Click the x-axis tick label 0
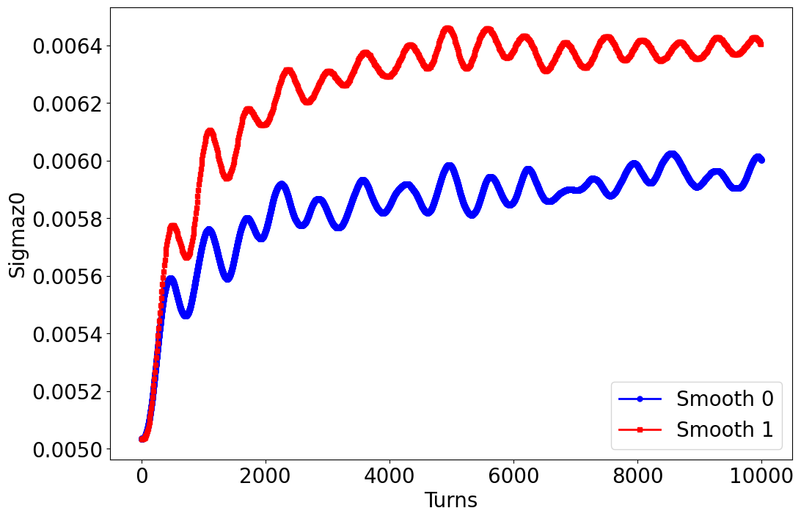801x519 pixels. pyautogui.click(x=142, y=476)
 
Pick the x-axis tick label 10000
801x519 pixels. pyautogui.click(x=761, y=476)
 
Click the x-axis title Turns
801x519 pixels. pyautogui.click(x=451, y=501)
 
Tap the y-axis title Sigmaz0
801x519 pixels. pyautogui.click(x=18, y=233)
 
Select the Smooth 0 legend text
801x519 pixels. pyautogui.click(x=725, y=399)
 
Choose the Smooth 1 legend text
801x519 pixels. pyautogui.click(x=725, y=429)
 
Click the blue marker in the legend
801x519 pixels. pyautogui.click(x=640, y=399)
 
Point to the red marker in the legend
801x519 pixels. pyautogui.click(x=640, y=429)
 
